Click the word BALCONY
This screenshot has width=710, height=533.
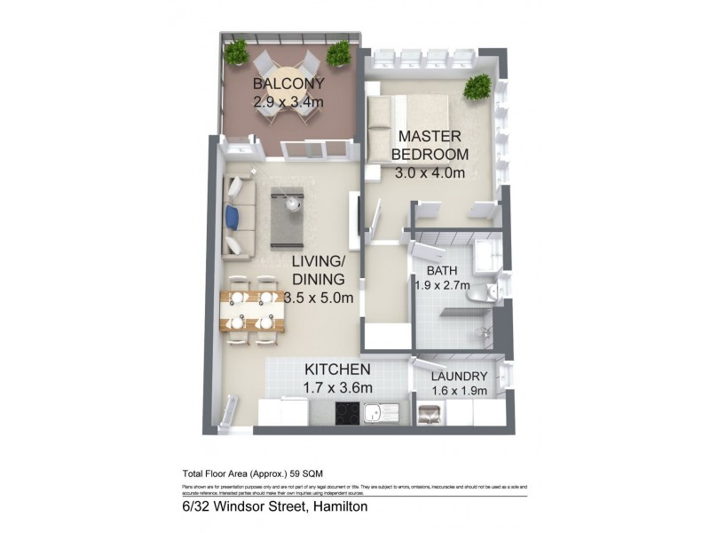point(288,84)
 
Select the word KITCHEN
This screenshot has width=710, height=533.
point(338,369)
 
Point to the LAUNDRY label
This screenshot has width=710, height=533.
point(459,376)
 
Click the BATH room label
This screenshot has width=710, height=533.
point(441,270)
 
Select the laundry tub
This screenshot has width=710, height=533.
point(430,413)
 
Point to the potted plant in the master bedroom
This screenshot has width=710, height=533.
point(477,86)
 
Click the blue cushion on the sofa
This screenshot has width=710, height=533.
point(233,216)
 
